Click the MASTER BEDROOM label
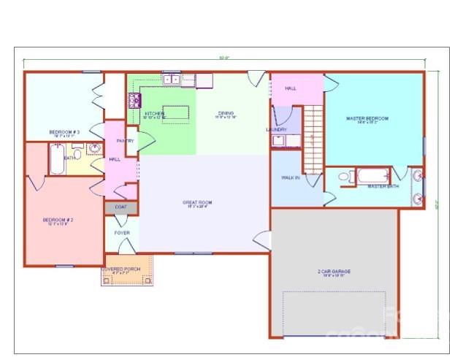point(367,118)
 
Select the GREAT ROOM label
point(197,202)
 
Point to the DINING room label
point(225,113)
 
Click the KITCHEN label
point(153,114)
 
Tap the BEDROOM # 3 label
point(64,132)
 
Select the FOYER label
point(122,233)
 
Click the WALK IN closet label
point(290,177)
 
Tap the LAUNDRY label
point(277,129)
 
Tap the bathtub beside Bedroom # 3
point(56,159)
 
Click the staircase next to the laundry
point(313,139)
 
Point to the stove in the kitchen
point(134,101)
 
